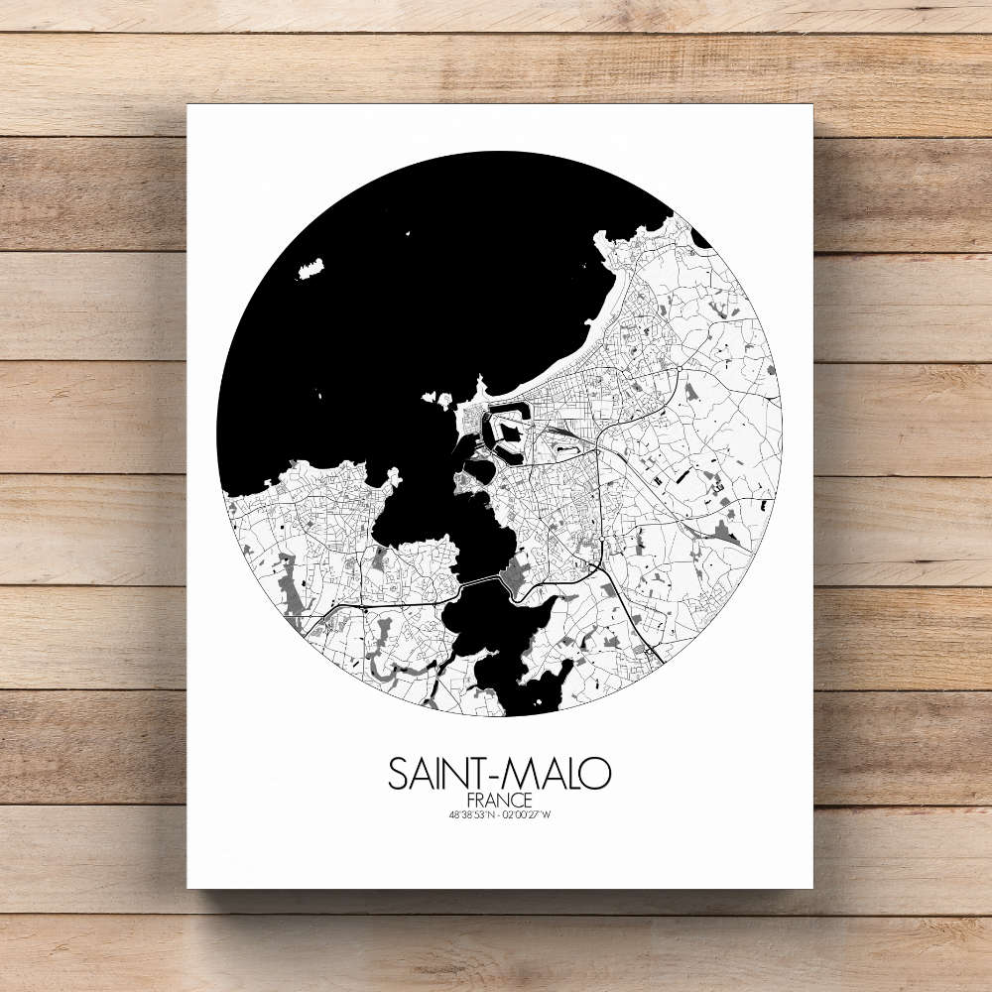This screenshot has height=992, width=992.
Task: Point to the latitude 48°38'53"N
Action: pyautogui.click(x=470, y=814)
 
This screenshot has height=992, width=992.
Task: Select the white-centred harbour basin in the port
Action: pyautogui.click(x=509, y=434)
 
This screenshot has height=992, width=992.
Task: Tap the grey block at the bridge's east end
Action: pyautogui.click(x=514, y=575)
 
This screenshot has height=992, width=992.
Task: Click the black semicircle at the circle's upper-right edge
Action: pyautogui.click(x=701, y=237)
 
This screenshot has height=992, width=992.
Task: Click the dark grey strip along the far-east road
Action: pyautogui.click(x=726, y=533)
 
